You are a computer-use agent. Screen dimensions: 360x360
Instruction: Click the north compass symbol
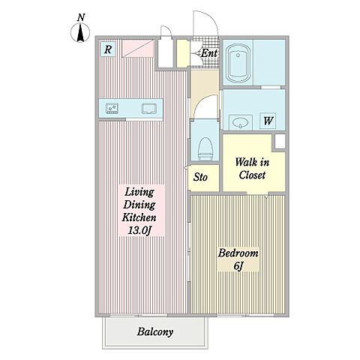tap(80, 32)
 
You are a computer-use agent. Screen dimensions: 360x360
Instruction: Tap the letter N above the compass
tap(81, 17)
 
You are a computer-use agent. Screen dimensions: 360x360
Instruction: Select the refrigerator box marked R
tap(108, 49)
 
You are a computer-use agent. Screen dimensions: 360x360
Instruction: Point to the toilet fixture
tap(205, 149)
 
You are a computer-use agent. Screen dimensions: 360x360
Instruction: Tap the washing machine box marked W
tap(268, 121)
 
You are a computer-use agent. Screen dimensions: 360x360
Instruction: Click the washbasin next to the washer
tap(241, 122)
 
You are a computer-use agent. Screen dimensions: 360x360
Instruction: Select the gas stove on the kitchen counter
tap(112, 109)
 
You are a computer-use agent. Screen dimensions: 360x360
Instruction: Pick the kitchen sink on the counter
tap(149, 109)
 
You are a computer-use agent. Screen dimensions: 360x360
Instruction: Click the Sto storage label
tap(200, 177)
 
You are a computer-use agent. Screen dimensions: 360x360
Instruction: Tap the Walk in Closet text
tap(252, 169)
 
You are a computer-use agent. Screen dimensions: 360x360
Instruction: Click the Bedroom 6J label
tap(238, 259)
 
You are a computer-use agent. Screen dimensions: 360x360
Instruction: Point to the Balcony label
tap(155, 332)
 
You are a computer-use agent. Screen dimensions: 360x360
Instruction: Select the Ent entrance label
tap(209, 53)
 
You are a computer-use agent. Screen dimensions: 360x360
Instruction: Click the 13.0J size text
tap(139, 230)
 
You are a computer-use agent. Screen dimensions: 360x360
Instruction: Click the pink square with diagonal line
tap(138, 49)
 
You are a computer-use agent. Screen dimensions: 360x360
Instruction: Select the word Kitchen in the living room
tap(139, 217)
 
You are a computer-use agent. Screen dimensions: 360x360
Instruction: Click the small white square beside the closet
tap(280, 142)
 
